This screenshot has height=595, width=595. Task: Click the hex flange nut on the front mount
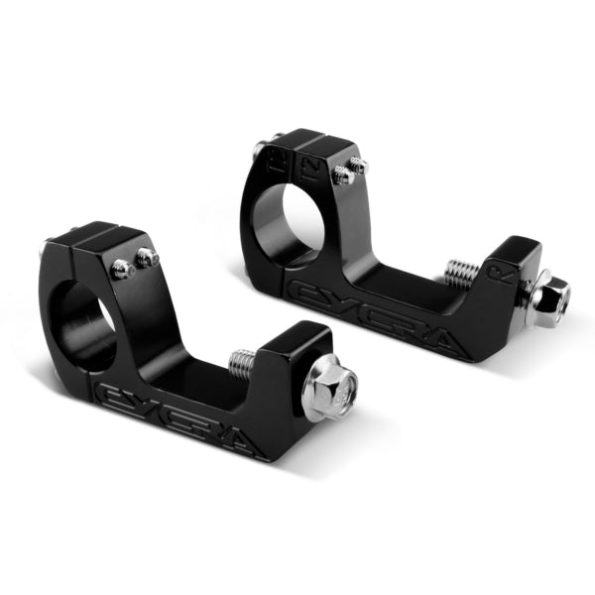coord(329,387)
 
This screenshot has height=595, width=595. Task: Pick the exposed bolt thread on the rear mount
coord(461,271)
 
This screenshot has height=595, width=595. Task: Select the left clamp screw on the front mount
coord(121,268)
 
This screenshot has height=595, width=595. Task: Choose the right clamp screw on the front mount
coord(148,258)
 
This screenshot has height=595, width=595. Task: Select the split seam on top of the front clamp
coord(100,237)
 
